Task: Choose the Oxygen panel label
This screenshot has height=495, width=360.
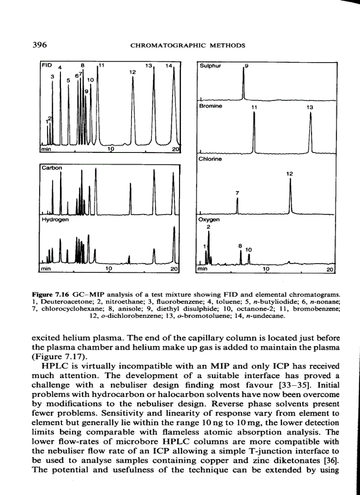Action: [x=209, y=219]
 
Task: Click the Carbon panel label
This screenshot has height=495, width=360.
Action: [x=52, y=167]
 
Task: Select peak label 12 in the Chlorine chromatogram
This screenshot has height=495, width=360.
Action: [x=289, y=174]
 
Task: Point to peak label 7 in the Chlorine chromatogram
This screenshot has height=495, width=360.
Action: [x=237, y=193]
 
